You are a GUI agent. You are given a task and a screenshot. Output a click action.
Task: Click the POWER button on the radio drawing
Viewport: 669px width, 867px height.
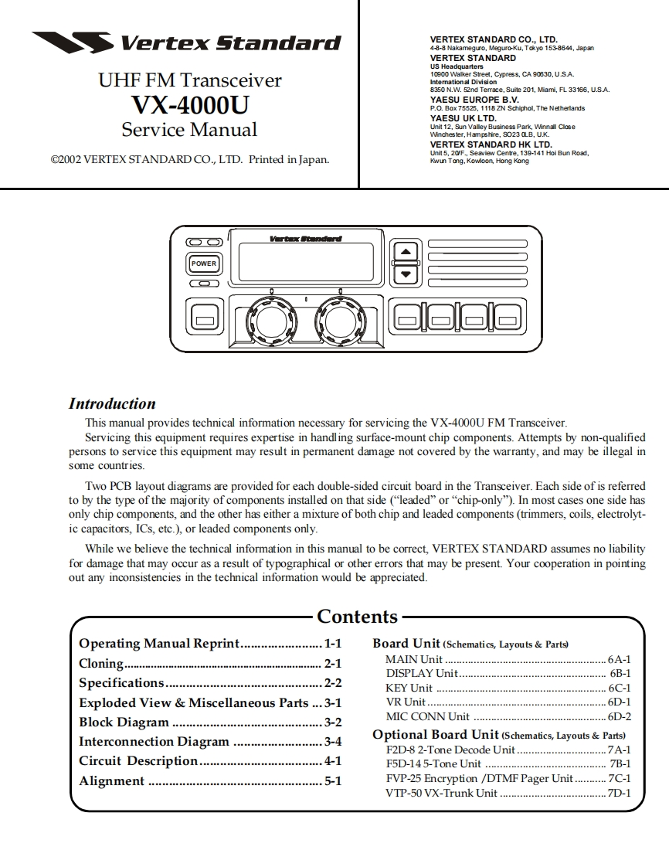(204, 263)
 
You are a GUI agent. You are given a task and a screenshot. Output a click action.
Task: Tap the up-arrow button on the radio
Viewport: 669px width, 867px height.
(406, 253)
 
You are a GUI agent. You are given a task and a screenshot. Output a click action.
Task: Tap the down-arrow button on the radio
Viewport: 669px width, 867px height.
(406, 273)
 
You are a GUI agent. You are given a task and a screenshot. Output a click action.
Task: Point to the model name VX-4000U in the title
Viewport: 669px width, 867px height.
(190, 104)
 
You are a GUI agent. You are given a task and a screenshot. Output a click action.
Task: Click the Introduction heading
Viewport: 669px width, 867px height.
(112, 403)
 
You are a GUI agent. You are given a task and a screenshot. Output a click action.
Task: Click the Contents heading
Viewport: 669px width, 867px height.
(357, 617)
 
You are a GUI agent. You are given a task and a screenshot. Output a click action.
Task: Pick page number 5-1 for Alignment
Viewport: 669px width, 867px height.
(333, 781)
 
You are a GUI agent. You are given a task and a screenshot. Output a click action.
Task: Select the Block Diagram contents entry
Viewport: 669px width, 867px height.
(124, 722)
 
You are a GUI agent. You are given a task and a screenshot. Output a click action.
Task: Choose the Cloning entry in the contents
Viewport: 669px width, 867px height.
(101, 664)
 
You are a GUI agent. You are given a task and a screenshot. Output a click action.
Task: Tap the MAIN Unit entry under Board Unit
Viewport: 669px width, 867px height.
(414, 660)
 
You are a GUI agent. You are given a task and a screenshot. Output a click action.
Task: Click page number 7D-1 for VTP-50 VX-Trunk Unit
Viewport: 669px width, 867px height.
(619, 793)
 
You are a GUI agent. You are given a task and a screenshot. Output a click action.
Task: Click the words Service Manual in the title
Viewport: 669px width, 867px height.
(189, 129)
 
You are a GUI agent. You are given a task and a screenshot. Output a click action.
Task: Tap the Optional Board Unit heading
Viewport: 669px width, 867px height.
(436, 735)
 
